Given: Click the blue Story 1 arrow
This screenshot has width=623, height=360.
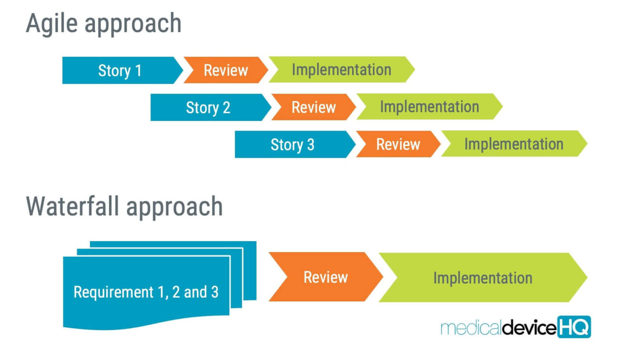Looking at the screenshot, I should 120,71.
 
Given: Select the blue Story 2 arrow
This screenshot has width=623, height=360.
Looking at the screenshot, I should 208,108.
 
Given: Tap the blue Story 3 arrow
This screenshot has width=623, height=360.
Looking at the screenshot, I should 292,145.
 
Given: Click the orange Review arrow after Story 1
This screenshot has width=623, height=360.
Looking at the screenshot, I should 226,71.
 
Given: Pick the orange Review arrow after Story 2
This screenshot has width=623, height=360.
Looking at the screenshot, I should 314,107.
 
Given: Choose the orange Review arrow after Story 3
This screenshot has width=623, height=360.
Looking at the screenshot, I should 398,144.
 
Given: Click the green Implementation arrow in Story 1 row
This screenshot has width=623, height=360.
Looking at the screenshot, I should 341,70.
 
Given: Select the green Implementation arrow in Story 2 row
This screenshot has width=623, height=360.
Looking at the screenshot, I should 429,107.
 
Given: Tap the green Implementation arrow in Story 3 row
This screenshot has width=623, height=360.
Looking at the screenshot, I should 513,144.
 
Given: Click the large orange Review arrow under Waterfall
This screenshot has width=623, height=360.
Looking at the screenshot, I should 325,277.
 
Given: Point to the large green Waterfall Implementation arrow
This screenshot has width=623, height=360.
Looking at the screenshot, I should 483,278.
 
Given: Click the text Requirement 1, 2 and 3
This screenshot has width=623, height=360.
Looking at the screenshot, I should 146,292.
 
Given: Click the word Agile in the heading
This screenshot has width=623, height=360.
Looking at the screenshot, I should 52,24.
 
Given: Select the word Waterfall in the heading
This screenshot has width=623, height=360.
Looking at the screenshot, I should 73,207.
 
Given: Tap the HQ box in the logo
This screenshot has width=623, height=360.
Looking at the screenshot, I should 574,327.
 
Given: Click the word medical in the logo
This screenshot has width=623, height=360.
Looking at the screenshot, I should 471,328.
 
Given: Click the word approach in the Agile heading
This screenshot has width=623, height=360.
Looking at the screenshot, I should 133,24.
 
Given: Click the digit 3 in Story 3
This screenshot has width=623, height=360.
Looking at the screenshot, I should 311,145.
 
